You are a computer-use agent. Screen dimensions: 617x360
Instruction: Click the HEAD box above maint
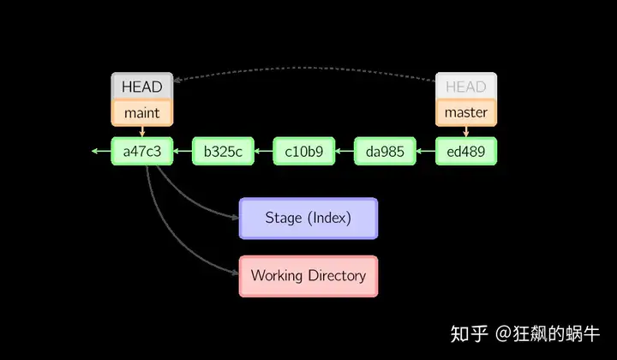(142, 86)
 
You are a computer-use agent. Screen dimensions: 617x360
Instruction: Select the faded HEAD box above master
(466, 86)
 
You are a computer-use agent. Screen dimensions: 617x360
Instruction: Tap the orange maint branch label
(142, 113)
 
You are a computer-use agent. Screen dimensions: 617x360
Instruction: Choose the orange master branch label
(466, 113)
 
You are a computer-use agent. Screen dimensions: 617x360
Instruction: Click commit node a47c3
(142, 151)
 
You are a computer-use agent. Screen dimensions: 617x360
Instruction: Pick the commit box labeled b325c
(223, 151)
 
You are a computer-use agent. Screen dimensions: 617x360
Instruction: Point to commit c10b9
(304, 151)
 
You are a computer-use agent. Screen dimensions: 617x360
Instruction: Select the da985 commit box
(385, 151)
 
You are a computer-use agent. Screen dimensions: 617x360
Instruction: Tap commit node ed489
(466, 151)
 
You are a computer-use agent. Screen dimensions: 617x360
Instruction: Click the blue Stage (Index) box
(308, 219)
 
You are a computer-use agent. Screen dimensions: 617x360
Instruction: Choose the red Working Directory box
(308, 276)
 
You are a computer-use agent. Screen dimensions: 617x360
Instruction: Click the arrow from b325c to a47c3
(183, 151)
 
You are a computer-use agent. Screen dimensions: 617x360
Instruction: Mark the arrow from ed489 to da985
(425, 151)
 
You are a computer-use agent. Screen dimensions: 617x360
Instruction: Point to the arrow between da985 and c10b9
(344, 151)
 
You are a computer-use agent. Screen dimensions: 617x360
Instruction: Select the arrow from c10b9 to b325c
(264, 151)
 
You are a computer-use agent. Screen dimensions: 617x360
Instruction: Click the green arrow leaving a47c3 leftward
(101, 151)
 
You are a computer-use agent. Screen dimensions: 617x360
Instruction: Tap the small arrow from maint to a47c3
(142, 131)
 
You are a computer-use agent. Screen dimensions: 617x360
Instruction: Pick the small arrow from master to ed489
(466, 131)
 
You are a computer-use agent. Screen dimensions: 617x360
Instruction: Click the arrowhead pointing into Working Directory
(236, 272)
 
